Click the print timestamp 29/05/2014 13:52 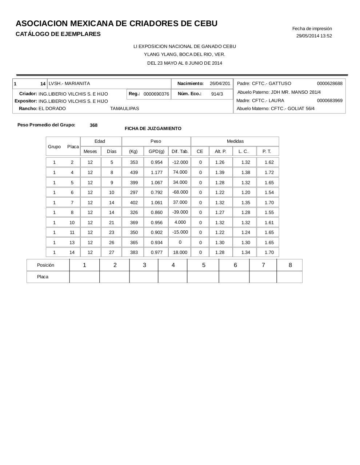[x=314, y=36]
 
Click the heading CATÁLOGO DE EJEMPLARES [x=58, y=34]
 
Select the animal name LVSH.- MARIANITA [x=69, y=84]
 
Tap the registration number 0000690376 [x=156, y=94]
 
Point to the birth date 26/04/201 [x=220, y=84]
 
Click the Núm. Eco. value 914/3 [x=217, y=94]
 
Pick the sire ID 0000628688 [x=329, y=84]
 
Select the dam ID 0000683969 [x=329, y=101]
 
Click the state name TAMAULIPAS [x=124, y=109]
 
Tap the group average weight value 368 [x=93, y=125]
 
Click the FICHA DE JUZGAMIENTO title [x=153, y=129]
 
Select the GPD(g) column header [x=156, y=151]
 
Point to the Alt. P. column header [x=220, y=151]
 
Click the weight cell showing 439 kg [x=134, y=173]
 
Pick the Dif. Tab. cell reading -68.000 [x=180, y=192]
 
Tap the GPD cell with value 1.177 [x=157, y=173]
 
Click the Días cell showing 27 [x=112, y=252]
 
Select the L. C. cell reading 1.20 [x=246, y=193]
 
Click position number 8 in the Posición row [x=290, y=265]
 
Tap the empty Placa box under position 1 [x=84, y=277]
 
